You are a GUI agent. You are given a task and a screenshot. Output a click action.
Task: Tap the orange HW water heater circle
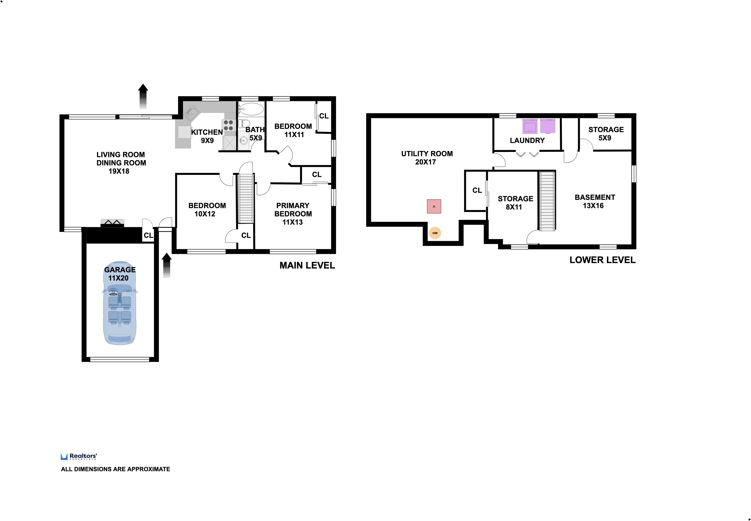point(435,233)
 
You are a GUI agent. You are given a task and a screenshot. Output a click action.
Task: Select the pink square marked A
point(434,206)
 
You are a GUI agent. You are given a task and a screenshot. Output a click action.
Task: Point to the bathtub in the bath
point(251,109)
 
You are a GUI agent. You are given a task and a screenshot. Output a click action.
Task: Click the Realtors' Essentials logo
point(79,456)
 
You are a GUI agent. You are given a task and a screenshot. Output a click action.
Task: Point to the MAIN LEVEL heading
point(307,265)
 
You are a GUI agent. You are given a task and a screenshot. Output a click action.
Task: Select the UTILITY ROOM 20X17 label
point(427,158)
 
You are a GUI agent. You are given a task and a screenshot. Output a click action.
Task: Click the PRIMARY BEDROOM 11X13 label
point(293,214)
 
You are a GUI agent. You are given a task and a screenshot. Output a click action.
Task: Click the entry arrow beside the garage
point(167,265)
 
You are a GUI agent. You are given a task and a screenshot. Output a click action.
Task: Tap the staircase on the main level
point(245,198)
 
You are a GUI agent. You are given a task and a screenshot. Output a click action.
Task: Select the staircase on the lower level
point(547,201)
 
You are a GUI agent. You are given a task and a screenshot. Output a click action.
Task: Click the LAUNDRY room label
point(527,140)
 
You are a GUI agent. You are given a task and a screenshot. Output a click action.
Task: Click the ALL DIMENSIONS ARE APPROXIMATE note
point(115,469)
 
